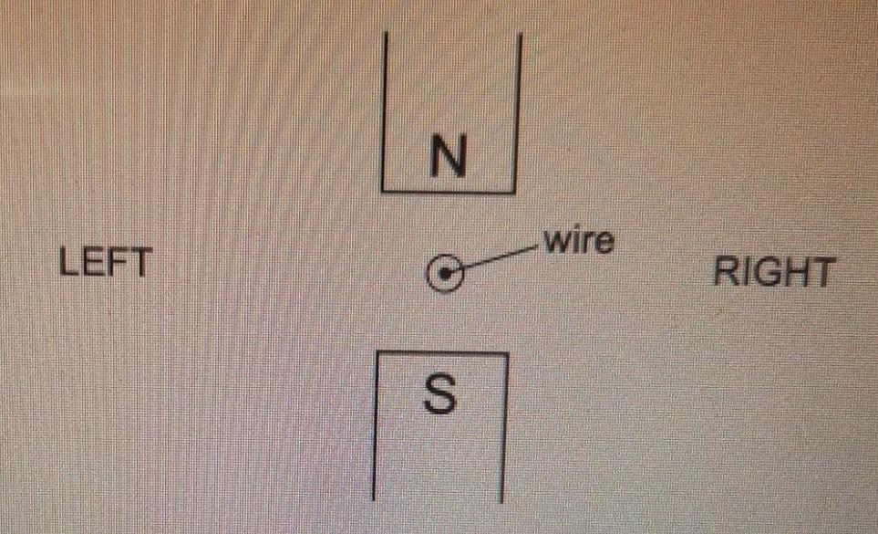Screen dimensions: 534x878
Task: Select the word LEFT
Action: (105, 264)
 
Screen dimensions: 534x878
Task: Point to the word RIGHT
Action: (773, 273)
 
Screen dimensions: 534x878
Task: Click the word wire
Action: (578, 242)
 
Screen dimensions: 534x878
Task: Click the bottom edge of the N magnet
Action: (447, 192)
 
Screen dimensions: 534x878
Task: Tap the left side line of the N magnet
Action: (385, 110)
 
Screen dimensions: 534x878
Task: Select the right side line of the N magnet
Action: (518, 110)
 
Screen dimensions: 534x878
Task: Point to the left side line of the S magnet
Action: (376, 424)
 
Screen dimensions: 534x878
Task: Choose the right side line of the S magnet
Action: (504, 424)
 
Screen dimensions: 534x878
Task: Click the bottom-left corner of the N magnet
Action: (383, 191)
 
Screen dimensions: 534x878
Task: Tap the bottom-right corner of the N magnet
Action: (514, 192)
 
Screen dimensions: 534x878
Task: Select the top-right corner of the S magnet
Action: (506, 353)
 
